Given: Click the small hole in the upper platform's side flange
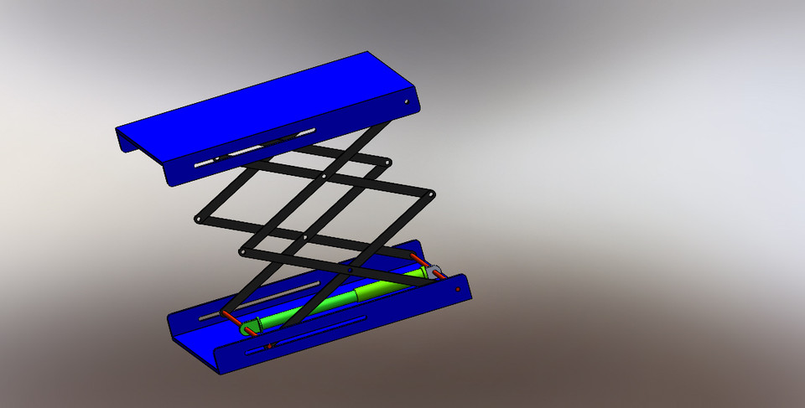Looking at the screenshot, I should (x=408, y=102).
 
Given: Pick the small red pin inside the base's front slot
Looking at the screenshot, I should (x=268, y=346).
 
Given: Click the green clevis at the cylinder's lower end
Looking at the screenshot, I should (x=248, y=328).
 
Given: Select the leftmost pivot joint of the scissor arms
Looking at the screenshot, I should (x=197, y=219).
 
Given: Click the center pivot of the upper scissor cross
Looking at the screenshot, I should (x=325, y=177).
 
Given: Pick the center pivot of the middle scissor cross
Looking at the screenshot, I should (x=305, y=238).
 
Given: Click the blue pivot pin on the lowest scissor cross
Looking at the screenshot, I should (x=348, y=271).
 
